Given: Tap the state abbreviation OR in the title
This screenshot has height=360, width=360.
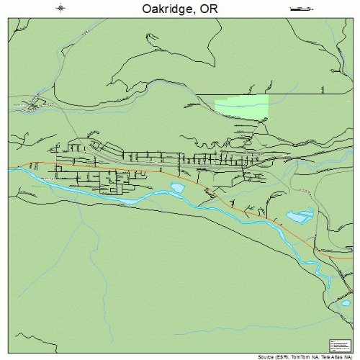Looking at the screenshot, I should [x=207, y=10].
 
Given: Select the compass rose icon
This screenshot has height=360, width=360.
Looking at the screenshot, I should [x=61, y=9].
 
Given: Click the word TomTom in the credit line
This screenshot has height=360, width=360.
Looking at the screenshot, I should [x=303, y=356].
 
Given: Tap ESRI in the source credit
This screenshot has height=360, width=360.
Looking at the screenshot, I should [x=287, y=356].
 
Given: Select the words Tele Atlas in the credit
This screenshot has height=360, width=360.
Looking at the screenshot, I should [x=334, y=356].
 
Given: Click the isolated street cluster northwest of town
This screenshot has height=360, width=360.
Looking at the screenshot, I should [x=32, y=106].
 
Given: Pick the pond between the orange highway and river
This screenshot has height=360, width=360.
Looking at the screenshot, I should [x=177, y=188].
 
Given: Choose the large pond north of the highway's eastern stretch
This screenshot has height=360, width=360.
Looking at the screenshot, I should [x=297, y=215].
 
